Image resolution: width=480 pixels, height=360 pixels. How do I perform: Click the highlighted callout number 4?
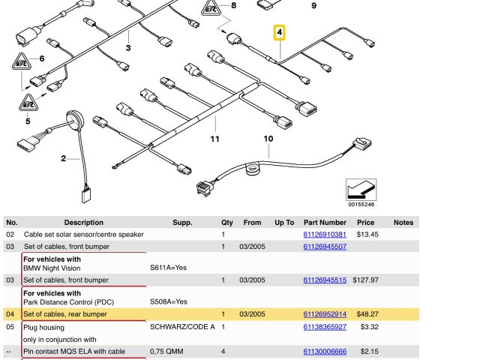(x=280, y=33)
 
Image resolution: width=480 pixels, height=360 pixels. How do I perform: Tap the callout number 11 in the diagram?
(x=214, y=139)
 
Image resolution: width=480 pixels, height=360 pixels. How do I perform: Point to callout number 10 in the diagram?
(x=268, y=138)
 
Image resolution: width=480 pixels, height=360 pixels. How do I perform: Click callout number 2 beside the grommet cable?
(x=64, y=158)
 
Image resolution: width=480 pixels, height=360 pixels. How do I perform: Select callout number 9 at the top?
(x=313, y=6)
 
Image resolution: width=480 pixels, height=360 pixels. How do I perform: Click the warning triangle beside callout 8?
(x=211, y=9)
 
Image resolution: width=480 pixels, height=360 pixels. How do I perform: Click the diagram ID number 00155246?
(x=361, y=205)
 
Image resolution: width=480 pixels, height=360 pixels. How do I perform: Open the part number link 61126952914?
(x=325, y=314)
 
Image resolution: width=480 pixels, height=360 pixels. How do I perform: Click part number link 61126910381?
(x=325, y=235)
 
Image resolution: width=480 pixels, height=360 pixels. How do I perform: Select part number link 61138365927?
(x=325, y=327)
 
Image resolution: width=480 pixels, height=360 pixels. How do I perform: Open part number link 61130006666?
(x=325, y=352)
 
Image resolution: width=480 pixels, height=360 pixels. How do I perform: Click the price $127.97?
(x=365, y=280)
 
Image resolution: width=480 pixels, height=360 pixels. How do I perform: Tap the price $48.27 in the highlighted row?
(x=365, y=314)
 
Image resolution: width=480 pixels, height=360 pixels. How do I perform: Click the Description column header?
(x=84, y=223)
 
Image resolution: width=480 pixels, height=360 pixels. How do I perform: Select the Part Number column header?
(x=325, y=223)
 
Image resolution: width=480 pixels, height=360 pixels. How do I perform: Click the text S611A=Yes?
(x=168, y=268)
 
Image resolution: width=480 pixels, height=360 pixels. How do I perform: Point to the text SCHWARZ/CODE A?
(x=182, y=327)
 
